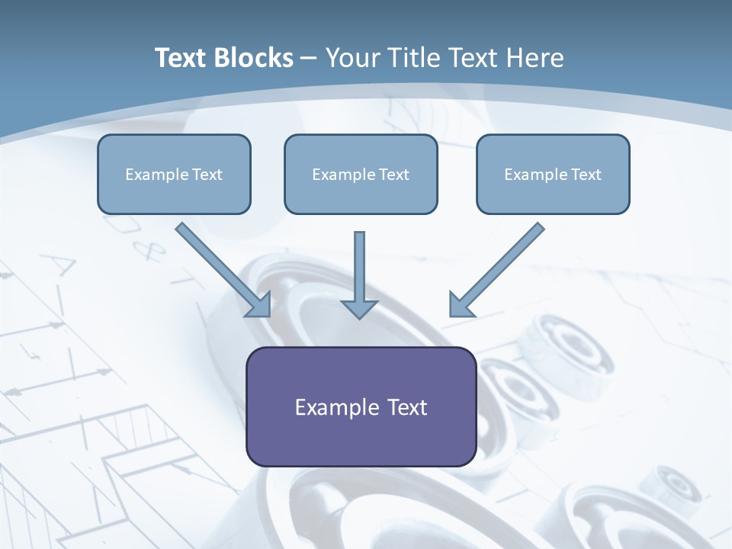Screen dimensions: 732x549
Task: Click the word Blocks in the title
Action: point(253,57)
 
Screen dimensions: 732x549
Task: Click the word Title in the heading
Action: point(415,57)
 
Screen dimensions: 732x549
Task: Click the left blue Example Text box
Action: point(174,174)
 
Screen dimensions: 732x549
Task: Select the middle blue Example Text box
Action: point(361,174)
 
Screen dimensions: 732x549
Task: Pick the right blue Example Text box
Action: point(554,174)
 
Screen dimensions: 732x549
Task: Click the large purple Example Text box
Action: point(361,406)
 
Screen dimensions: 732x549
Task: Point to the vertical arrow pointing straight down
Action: point(359,275)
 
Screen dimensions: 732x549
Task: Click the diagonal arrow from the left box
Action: point(223,270)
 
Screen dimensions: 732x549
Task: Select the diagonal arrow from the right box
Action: point(496,270)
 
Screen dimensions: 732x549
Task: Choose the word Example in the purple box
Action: point(336,407)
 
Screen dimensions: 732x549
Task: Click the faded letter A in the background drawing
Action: point(59,264)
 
